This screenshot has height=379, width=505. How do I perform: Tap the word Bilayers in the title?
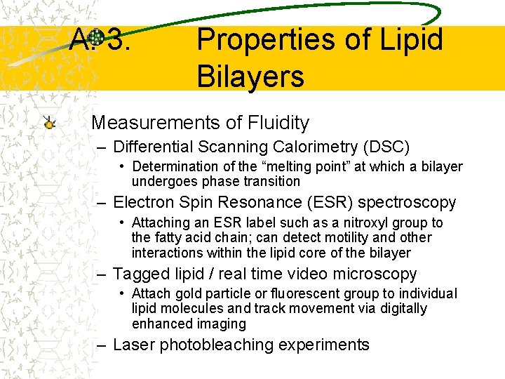[250, 76]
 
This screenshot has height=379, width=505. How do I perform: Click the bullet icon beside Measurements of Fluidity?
[48, 123]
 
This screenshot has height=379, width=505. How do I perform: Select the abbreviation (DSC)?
[385, 147]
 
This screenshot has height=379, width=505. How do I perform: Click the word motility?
[367, 238]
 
